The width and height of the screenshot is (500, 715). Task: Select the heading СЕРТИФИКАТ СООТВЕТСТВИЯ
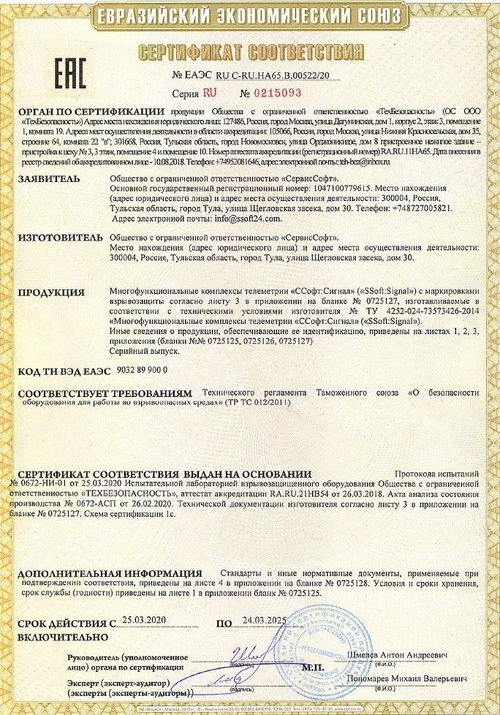(x=250, y=53)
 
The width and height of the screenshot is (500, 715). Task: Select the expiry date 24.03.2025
(x=265, y=620)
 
